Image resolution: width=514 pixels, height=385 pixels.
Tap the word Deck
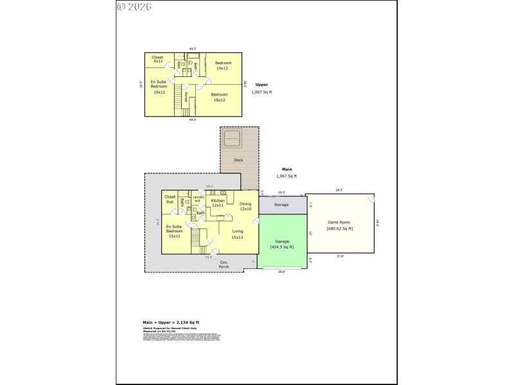click(x=238, y=160)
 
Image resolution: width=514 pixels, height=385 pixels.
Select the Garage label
click(x=281, y=242)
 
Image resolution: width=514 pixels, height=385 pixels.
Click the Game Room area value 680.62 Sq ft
click(x=339, y=228)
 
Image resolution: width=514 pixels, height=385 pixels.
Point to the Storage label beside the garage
click(x=281, y=205)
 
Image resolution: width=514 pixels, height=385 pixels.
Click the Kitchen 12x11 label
click(x=218, y=203)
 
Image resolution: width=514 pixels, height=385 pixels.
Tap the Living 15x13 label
click(x=237, y=234)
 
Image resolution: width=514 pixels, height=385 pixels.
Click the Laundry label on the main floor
click(x=198, y=199)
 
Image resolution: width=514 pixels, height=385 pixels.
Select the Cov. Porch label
click(x=224, y=264)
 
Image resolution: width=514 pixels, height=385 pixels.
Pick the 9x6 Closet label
click(x=170, y=199)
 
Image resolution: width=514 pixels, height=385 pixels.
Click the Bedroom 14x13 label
click(x=222, y=65)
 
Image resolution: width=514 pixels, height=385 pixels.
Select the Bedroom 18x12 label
click(x=220, y=97)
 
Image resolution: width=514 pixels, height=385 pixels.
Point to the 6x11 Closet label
click(x=157, y=59)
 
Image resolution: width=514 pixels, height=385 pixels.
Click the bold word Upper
click(x=261, y=85)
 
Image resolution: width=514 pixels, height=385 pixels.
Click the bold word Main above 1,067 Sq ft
click(x=287, y=169)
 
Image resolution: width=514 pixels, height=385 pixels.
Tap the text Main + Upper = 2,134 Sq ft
click(x=171, y=322)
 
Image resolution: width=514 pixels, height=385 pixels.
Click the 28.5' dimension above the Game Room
click(x=339, y=190)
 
